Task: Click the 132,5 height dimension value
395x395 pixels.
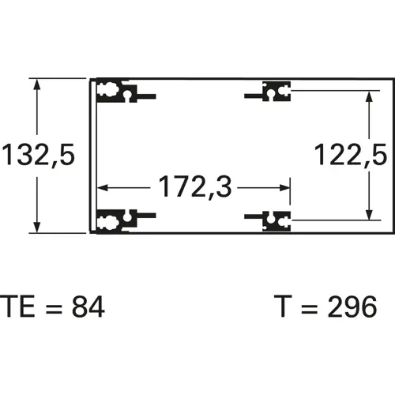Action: (37, 155)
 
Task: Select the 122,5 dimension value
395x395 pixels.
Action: (349, 155)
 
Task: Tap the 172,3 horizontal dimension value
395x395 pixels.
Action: (194, 188)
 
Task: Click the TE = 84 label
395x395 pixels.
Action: (52, 307)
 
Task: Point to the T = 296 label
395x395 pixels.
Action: (325, 307)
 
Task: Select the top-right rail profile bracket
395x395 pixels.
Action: (273, 93)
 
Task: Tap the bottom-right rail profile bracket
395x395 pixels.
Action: (273, 220)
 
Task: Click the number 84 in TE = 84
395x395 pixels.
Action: (88, 307)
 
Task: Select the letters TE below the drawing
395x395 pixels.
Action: (17, 307)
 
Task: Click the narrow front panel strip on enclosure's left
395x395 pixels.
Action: (92, 156)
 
